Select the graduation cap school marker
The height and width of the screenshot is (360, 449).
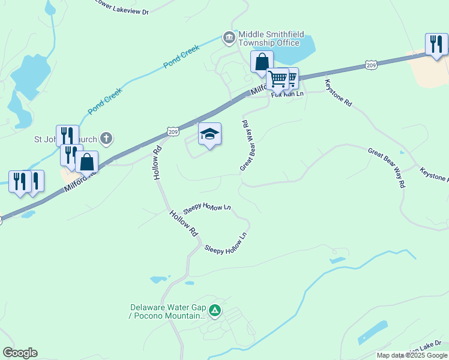(209, 134)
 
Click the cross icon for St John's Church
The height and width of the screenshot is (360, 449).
(106, 139)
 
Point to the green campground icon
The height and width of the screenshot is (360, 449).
(215, 311)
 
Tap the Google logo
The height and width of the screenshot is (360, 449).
(20, 353)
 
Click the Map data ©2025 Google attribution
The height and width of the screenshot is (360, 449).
(412, 355)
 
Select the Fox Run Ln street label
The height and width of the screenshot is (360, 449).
(288, 95)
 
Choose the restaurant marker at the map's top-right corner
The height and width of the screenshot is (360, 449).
(436, 44)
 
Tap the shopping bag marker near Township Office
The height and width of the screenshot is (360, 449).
(262, 62)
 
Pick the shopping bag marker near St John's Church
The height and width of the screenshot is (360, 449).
(87, 162)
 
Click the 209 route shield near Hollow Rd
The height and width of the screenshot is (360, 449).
(173, 131)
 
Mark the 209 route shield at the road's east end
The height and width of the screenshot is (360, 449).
(370, 64)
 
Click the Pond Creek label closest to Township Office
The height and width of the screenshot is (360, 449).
(181, 56)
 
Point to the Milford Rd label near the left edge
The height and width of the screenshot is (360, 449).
(79, 181)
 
